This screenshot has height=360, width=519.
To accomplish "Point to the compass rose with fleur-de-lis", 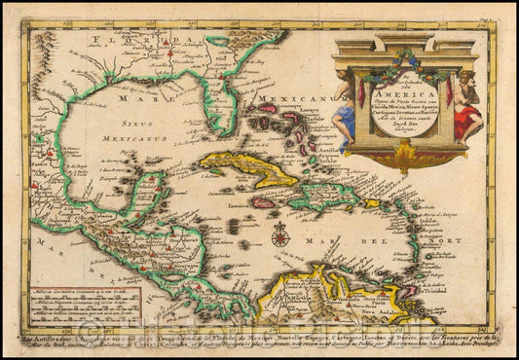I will click(x=280, y=234).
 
